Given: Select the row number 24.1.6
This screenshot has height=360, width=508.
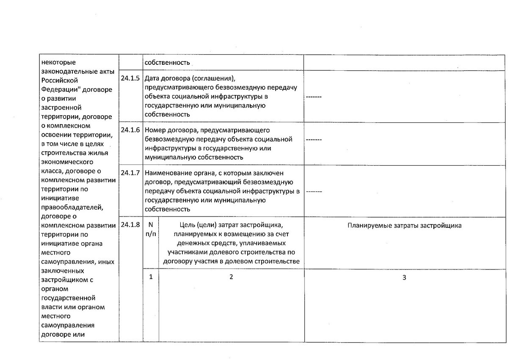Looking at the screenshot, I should [130, 130].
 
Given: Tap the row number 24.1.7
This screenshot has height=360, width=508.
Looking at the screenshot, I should [130, 173].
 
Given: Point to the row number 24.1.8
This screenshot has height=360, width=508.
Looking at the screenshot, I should [130, 225].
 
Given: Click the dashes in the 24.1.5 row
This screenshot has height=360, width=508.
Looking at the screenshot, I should [314, 97].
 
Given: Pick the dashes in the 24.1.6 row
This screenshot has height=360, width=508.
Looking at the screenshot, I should [314, 139].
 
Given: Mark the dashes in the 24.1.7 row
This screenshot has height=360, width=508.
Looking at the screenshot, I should [314, 191].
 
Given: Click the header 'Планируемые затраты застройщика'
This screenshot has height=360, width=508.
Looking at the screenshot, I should [404, 226].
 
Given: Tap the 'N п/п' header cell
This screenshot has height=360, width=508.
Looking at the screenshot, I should [151, 230].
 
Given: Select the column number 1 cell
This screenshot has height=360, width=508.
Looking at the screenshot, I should [151, 277].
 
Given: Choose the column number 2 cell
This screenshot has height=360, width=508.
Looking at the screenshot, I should [231, 277].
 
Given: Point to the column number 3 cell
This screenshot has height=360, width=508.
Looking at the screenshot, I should [404, 277].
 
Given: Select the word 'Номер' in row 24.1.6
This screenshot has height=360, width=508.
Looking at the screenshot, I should [155, 130].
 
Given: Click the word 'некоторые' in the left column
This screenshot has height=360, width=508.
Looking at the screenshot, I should [56, 63].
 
